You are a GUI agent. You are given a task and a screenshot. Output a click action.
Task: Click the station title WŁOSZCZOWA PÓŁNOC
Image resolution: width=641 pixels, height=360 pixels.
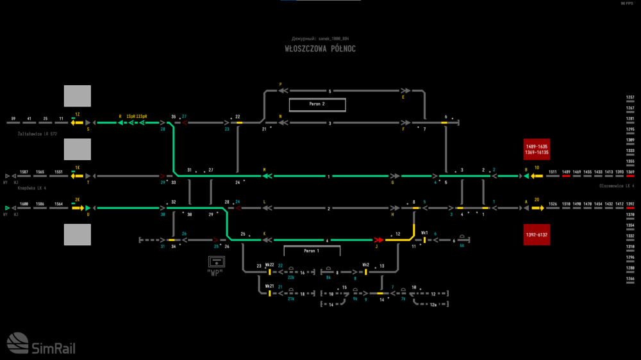point(320,49)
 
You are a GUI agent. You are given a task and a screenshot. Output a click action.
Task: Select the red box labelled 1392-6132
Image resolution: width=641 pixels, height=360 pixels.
point(537,234)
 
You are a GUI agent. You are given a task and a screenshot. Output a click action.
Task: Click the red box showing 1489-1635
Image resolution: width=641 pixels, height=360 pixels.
point(537,149)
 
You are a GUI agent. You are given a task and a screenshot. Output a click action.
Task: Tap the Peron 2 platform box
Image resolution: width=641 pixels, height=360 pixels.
point(317,104)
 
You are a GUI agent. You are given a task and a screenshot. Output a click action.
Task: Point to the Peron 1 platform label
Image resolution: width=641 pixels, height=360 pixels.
point(311,250)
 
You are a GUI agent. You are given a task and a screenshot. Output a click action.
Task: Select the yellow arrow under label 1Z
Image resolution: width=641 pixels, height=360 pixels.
point(77,122)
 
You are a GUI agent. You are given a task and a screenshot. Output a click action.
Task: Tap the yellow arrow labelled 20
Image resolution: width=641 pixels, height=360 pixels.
point(537,208)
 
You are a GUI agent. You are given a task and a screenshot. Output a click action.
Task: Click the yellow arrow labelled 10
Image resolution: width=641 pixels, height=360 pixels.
point(537,176)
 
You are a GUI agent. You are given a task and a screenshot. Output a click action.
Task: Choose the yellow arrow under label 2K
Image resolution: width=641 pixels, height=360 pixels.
point(78,208)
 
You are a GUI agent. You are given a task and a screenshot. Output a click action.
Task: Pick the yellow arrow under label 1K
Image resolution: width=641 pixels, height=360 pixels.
point(77,176)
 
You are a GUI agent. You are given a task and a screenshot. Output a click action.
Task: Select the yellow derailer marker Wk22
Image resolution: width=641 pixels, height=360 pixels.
point(270,272)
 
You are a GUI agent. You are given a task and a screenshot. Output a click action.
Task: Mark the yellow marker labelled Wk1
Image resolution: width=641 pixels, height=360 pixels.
point(424,240)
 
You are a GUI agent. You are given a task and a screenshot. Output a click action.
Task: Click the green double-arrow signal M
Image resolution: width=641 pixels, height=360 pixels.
point(267,176)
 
